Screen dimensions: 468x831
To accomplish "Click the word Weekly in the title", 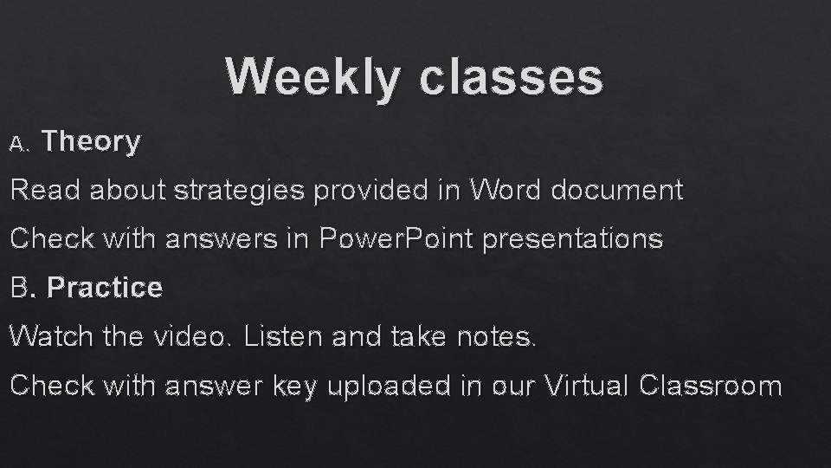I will pyautogui.click(x=313, y=77).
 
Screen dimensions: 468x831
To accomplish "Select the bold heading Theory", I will pyautogui.click(x=91, y=141).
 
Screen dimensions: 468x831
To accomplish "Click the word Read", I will pyautogui.click(x=44, y=190).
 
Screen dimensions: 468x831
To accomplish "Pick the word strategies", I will pyautogui.click(x=239, y=190).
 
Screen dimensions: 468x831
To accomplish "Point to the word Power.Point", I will pyautogui.click(x=396, y=238).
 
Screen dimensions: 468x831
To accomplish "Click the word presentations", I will pyautogui.click(x=572, y=238).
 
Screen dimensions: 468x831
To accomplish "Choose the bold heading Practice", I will pyautogui.click(x=105, y=288).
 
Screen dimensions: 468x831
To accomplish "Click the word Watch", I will pyautogui.click(x=51, y=336).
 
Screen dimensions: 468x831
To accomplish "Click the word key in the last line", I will pyautogui.click(x=297, y=386).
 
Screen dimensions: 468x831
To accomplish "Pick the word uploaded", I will pyautogui.click(x=390, y=386).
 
